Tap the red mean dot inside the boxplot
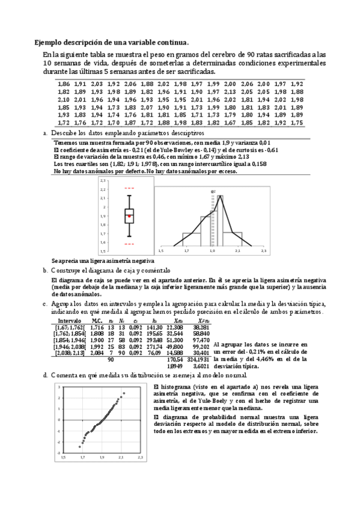129,215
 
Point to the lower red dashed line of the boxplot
129,244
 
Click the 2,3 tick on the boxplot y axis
103,180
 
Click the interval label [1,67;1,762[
69,328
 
